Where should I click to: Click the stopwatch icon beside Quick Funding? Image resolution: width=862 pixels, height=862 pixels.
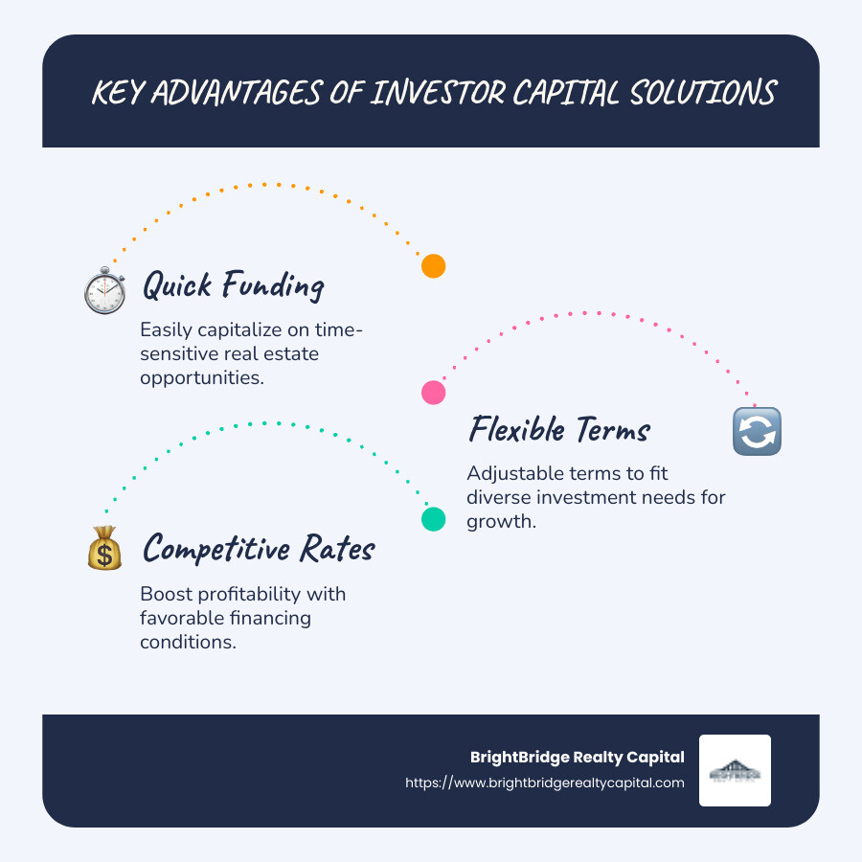104,290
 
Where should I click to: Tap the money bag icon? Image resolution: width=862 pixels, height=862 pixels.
103,548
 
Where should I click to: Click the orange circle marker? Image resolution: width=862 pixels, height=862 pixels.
434,266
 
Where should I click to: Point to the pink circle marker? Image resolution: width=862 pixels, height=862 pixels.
434,392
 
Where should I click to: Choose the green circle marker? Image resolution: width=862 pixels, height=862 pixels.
434,519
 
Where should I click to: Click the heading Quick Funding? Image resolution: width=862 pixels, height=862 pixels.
233,285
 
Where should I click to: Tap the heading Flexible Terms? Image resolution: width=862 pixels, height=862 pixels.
559,430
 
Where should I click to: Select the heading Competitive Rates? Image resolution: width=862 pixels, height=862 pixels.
259,549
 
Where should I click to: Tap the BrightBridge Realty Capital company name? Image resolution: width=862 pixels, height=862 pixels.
578,757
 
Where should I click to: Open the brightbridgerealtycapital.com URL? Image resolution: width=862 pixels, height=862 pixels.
545,783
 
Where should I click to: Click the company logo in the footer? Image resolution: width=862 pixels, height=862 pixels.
735,770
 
